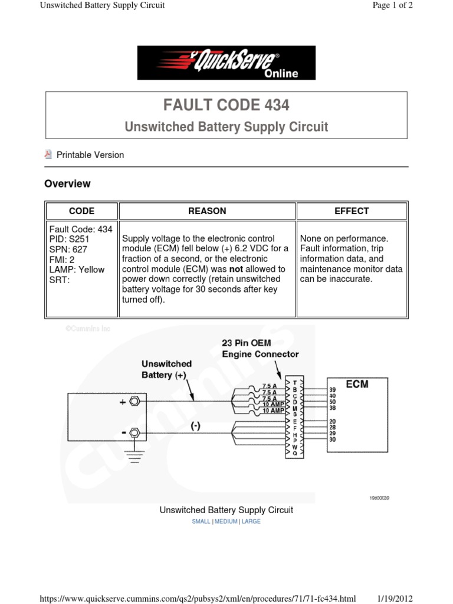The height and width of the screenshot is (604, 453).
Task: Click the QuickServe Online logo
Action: pyautogui.click(x=226, y=63)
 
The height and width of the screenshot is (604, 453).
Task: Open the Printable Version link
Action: pyautogui.click(x=90, y=155)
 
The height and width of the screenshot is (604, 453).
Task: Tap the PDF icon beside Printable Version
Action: pyautogui.click(x=48, y=155)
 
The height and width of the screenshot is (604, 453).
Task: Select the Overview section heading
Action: pyautogui.click(x=67, y=183)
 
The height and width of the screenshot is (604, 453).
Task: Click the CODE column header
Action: pyautogui.click(x=81, y=211)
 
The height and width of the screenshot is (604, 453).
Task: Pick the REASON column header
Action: pyautogui.click(x=207, y=211)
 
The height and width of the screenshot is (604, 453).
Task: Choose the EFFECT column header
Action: pyautogui.click(x=352, y=211)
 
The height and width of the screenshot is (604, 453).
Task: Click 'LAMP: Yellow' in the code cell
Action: pyautogui.click(x=77, y=270)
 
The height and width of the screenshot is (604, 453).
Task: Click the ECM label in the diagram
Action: pyautogui.click(x=357, y=384)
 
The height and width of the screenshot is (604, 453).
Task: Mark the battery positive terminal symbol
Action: pyautogui.click(x=134, y=402)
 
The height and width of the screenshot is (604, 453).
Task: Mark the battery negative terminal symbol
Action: pyautogui.click(x=134, y=434)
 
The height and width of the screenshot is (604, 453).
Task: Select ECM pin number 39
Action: pyautogui.click(x=332, y=390)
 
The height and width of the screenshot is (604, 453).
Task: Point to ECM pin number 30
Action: pyautogui.click(x=332, y=439)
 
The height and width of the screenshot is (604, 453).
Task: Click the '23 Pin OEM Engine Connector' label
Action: pyautogui.click(x=260, y=348)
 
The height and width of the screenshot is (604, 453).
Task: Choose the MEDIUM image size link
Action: pyautogui.click(x=226, y=521)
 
